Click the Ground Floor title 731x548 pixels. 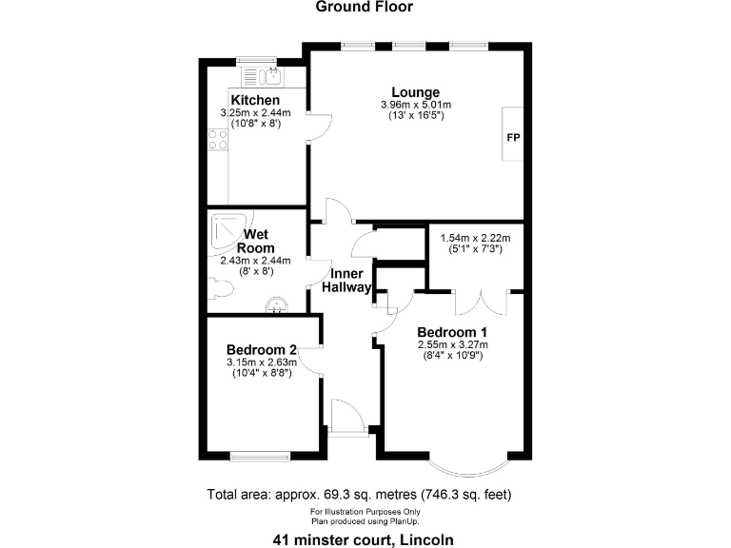[365, 8]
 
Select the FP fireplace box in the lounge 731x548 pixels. [513, 138]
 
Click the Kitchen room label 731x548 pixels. [255, 100]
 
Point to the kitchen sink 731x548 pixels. [269, 74]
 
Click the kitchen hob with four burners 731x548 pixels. [217, 141]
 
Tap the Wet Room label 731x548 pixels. [255, 241]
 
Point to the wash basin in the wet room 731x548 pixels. [277, 305]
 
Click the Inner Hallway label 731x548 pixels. [346, 281]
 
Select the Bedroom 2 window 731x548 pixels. [259, 457]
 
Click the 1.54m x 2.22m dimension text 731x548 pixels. [474, 238]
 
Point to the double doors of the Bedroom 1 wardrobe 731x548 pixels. [474, 302]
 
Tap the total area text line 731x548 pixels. [365, 495]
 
